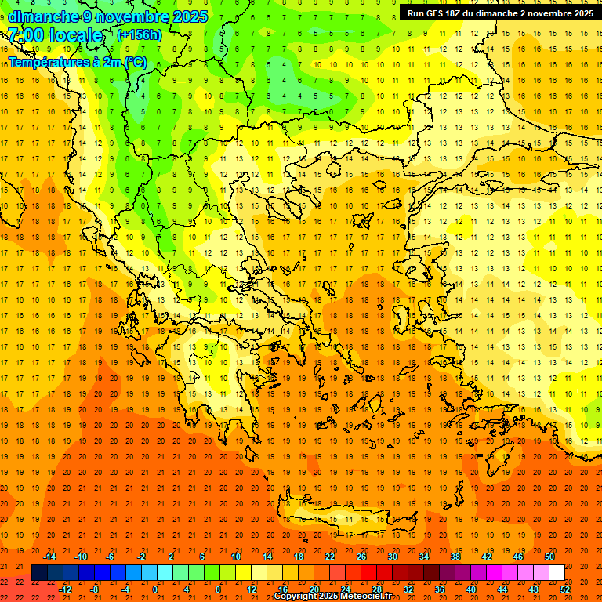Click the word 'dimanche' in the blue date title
[42, 16]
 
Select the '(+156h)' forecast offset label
[139, 35]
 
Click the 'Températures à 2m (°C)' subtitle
[77, 62]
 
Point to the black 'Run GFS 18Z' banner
[499, 13]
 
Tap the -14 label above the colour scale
[49, 557]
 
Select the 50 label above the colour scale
[549, 557]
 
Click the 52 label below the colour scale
[565, 589]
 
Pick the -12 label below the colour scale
[65, 589]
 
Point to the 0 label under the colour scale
[155, 589]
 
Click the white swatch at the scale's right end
[557, 572]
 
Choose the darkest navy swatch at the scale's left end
[39, 572]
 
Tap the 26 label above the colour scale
[361, 557]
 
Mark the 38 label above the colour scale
[455, 557]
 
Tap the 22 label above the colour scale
[329, 557]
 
